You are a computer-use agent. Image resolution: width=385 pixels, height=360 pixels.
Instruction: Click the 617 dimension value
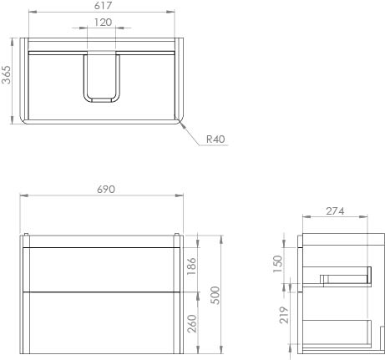(x=103, y=7)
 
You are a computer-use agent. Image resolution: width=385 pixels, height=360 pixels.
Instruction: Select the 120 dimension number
(x=103, y=23)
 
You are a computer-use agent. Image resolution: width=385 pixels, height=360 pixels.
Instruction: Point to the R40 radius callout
(x=215, y=139)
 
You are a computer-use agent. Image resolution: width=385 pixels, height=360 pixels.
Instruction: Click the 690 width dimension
(x=105, y=190)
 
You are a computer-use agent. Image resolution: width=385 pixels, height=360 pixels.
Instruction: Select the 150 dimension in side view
(x=280, y=263)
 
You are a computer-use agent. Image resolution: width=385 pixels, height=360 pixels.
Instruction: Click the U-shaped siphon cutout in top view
(x=103, y=79)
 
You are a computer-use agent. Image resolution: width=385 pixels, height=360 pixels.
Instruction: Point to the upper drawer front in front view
(x=103, y=269)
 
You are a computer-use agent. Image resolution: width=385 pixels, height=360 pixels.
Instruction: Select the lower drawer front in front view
(x=103, y=322)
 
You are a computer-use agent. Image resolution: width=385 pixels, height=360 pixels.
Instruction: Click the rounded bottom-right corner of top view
(x=178, y=117)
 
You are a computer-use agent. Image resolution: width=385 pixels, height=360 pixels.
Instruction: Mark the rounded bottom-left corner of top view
(x=27, y=117)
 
